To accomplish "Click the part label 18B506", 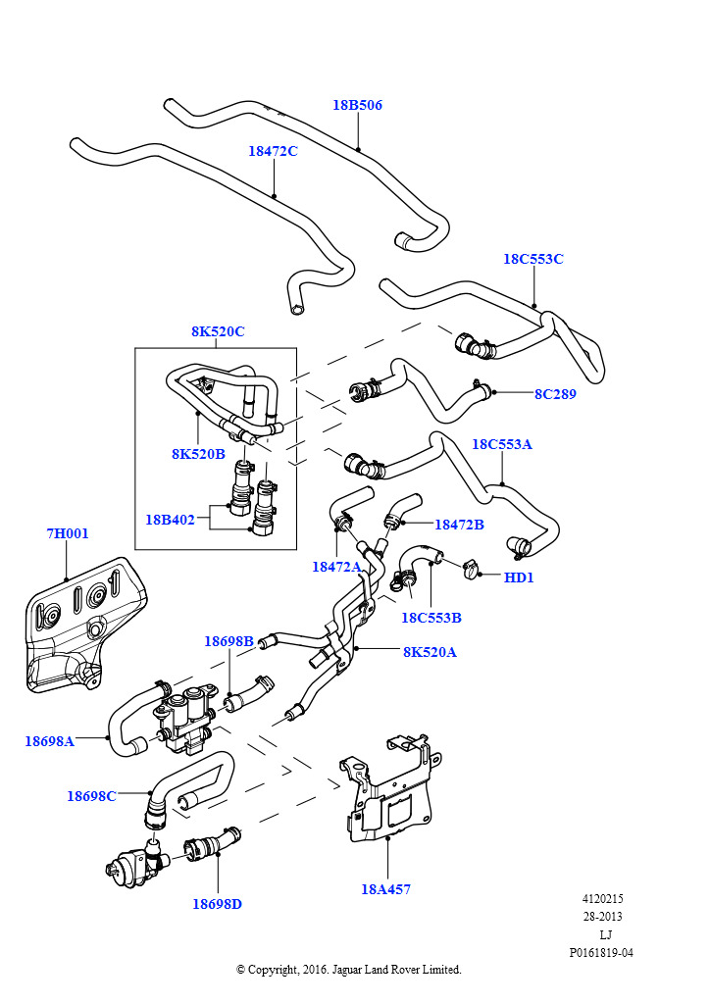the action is (x=357, y=105).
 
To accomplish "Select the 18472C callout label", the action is (x=273, y=151).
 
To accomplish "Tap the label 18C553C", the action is (x=533, y=259).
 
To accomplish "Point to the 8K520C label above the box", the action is (x=218, y=331).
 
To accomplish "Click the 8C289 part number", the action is (x=556, y=394).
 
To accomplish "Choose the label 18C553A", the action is (x=502, y=444).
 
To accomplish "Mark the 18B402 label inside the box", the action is (x=170, y=520).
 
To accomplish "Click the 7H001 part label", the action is (x=68, y=533).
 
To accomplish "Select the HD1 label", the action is (x=519, y=577).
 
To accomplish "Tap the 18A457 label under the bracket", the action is (x=386, y=888).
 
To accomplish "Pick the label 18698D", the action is (x=217, y=904).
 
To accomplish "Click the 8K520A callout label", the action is (x=430, y=652).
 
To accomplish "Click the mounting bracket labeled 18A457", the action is (x=390, y=791).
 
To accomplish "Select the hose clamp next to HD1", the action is (x=471, y=568).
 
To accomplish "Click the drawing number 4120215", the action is (x=602, y=899).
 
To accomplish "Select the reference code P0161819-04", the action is (x=601, y=953).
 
